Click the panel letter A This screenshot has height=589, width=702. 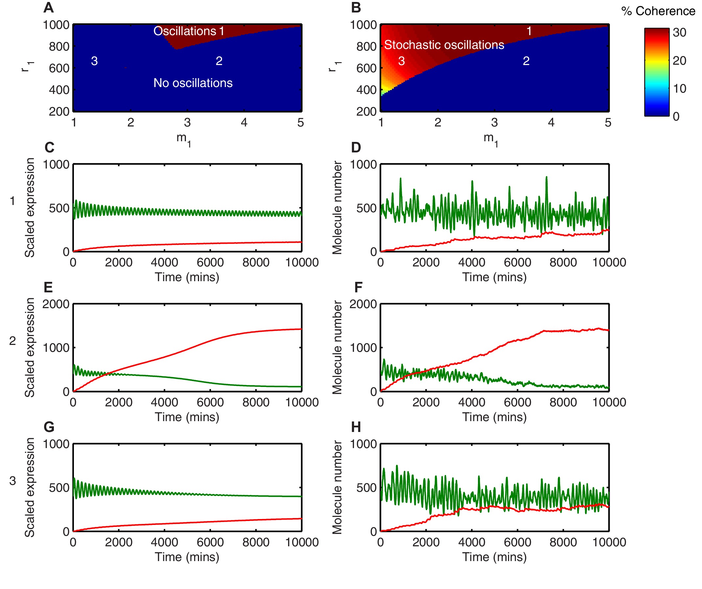coord(49,8)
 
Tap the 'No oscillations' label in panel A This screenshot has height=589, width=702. coord(193,83)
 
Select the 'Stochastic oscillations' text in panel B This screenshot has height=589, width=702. coord(443,45)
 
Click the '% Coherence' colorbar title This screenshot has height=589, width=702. coord(658,11)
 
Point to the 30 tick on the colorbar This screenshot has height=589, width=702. coord(679,33)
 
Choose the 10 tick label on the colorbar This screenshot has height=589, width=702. coord(679,89)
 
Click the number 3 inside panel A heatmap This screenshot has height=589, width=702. coord(94,61)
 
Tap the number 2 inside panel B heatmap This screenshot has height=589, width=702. coord(526,61)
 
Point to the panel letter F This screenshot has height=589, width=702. coord(358,287)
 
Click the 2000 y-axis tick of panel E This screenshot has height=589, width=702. coord(56,304)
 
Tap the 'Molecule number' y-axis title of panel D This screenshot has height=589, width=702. coord(337,208)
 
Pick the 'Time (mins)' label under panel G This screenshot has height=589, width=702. coord(187,557)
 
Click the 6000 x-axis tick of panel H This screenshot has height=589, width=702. coord(517,542)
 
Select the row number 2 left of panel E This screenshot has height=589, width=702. coord(12,341)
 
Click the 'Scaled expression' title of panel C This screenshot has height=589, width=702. coord(30,208)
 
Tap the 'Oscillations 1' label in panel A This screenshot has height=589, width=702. coord(189,31)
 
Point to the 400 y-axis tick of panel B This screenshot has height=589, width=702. coord(366,90)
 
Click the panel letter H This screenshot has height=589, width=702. coord(356,427)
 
